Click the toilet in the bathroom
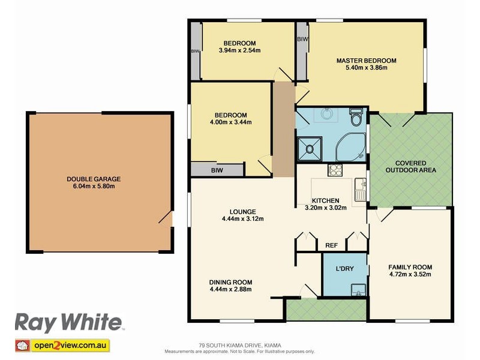click(x=356, y=117)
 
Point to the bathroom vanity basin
click(x=326, y=113)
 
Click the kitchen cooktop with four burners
click(x=334, y=170)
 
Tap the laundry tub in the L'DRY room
click(x=358, y=290)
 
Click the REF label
click(x=331, y=245)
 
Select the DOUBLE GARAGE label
click(x=94, y=179)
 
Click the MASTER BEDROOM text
click(x=366, y=61)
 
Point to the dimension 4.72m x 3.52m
click(x=410, y=275)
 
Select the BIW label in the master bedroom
click(x=302, y=39)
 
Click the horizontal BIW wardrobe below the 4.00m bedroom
click(x=217, y=170)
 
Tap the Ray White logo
click(x=68, y=323)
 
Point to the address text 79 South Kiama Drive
click(x=240, y=345)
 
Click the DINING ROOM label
click(x=230, y=282)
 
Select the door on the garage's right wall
click(x=168, y=219)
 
